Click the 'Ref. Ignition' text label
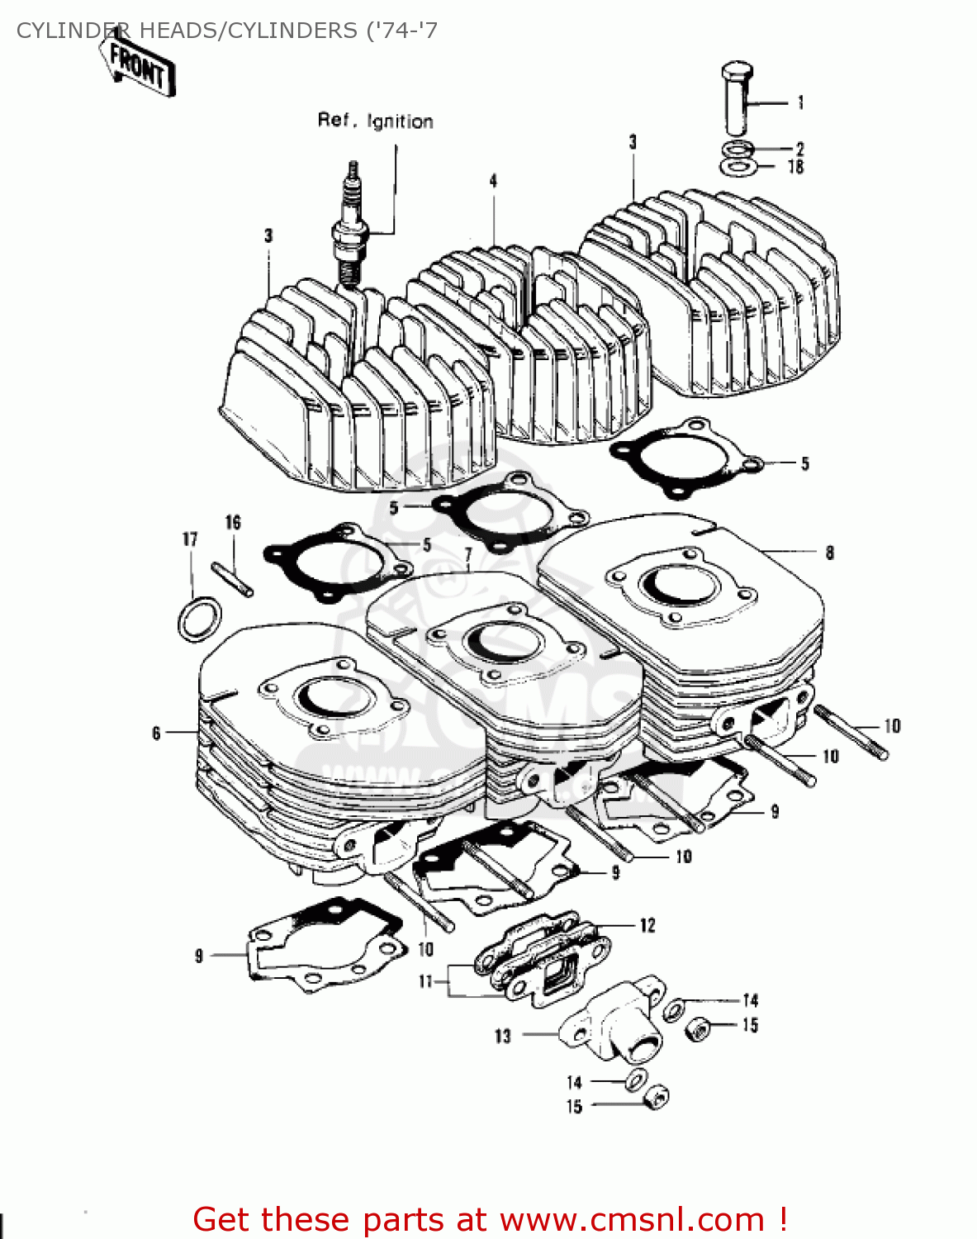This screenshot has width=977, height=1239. pyautogui.click(x=375, y=121)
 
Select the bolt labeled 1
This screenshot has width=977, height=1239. pyautogui.click(x=735, y=97)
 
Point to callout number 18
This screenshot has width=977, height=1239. pyautogui.click(x=795, y=167)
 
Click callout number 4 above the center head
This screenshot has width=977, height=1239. pyautogui.click(x=493, y=181)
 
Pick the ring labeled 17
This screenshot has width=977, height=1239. pyautogui.click(x=200, y=619)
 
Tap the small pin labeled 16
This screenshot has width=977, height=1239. pyautogui.click(x=233, y=578)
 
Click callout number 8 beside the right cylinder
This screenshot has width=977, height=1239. pyautogui.click(x=829, y=553)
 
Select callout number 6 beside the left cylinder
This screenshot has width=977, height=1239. pyautogui.click(x=156, y=733)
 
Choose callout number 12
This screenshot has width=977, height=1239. pyautogui.click(x=647, y=925)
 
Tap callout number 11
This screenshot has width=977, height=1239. pyautogui.click(x=425, y=981)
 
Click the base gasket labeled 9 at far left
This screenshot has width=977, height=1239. pyautogui.click(x=326, y=944)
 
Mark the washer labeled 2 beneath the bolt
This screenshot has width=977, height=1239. pyautogui.click(x=736, y=150)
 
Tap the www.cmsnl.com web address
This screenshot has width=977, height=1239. pyautogui.click(x=632, y=1219)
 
